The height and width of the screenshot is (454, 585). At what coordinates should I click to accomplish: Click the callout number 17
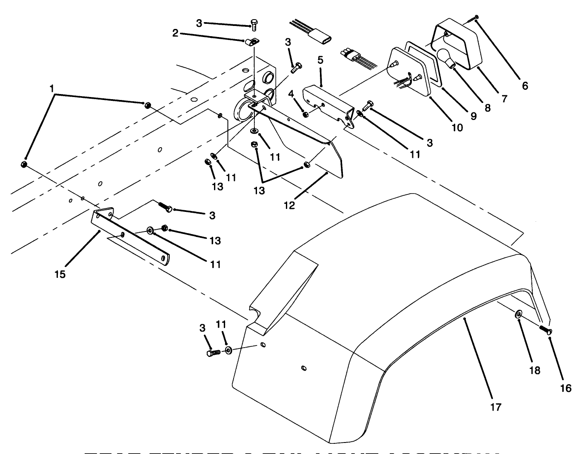(496, 407)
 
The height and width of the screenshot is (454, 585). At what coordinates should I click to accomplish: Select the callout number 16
(566, 388)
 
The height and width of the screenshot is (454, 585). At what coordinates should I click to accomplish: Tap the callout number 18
(535, 370)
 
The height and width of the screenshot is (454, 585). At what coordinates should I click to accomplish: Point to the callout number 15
(60, 274)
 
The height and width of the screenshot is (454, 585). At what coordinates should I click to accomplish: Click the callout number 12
(290, 205)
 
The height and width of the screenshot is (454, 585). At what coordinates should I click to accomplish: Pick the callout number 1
(51, 89)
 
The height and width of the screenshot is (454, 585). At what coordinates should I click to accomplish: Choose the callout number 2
(175, 33)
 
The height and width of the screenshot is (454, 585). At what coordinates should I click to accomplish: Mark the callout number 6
(525, 86)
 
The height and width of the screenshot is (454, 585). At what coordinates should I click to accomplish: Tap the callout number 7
(504, 99)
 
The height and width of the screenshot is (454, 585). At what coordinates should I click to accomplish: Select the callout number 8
(488, 108)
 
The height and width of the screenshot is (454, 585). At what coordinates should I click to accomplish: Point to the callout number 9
(473, 116)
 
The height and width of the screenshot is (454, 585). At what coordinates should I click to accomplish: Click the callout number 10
(457, 127)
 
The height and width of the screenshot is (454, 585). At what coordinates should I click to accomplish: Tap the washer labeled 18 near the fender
(519, 314)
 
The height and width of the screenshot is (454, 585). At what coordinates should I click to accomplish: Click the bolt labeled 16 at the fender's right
(545, 329)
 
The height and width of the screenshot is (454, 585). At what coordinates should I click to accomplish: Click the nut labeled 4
(305, 114)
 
